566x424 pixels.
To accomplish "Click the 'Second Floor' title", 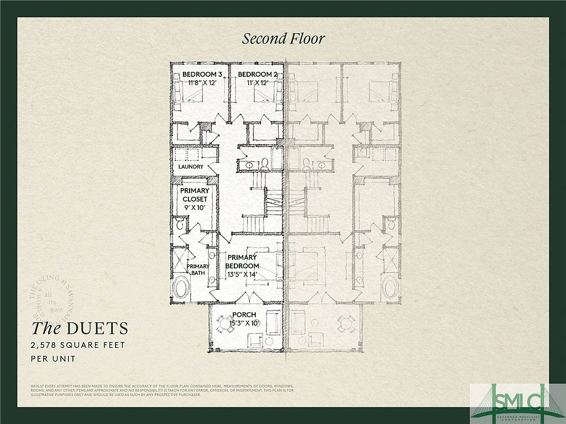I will [283, 38].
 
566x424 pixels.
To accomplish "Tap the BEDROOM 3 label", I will [202, 74].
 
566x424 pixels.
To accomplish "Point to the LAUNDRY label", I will [191, 166].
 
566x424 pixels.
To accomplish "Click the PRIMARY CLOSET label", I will [193, 195].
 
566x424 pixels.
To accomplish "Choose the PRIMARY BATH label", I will [197, 269].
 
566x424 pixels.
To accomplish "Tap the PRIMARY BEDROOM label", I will [242, 261].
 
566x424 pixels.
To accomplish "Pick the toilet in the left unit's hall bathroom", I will [264, 164].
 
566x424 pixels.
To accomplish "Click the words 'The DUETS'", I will [79, 328].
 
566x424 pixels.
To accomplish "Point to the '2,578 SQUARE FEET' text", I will [77, 345].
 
